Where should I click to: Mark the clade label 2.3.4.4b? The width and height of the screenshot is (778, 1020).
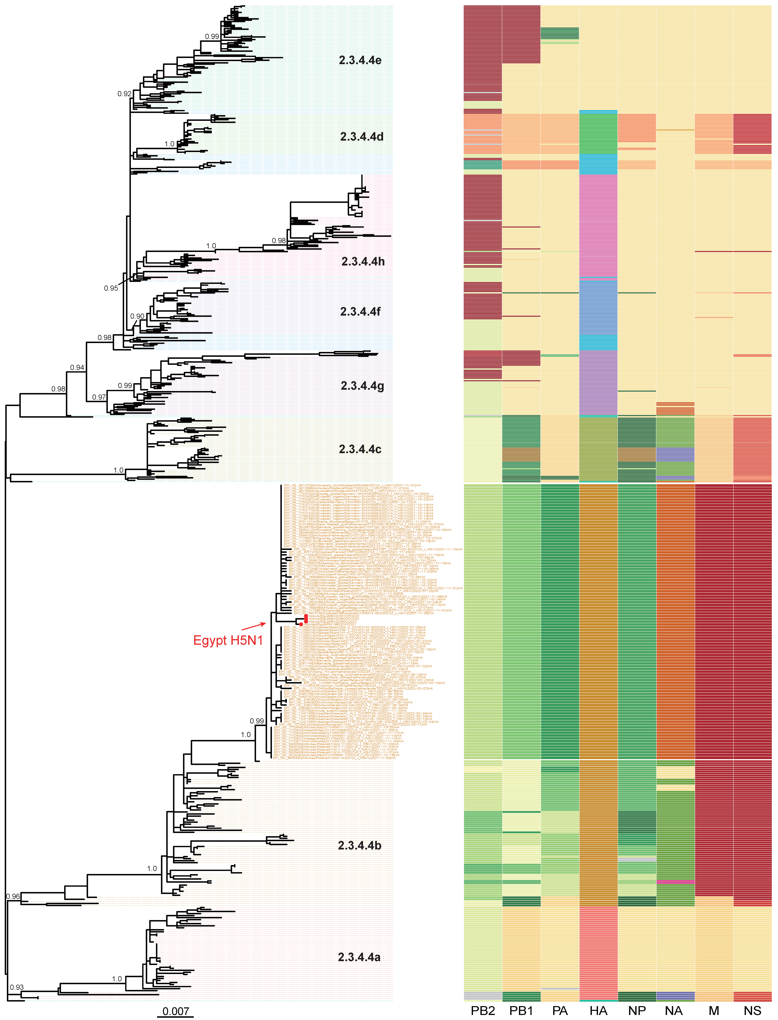[x=359, y=845]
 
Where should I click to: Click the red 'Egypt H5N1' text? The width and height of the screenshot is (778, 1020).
[x=228, y=640]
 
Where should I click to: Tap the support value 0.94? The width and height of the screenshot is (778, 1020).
[x=77, y=368]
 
